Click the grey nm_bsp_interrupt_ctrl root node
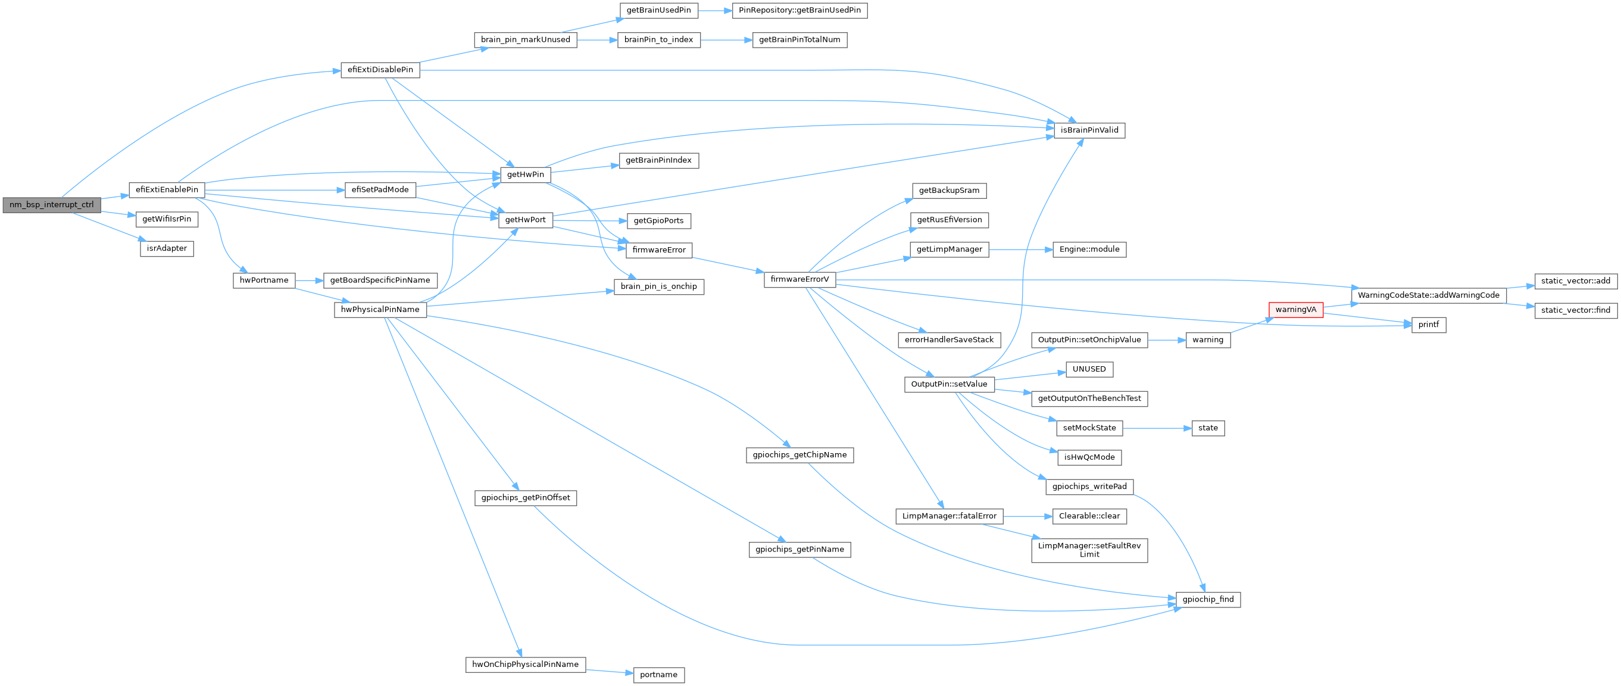click(52, 204)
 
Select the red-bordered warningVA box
click(1295, 310)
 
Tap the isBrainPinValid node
click(1089, 130)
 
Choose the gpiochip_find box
click(1208, 599)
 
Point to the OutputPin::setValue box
click(949, 384)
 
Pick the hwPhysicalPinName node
click(380, 310)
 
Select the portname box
click(658, 675)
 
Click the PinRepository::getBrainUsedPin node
click(799, 10)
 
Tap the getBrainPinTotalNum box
click(799, 40)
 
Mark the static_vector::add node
click(1576, 280)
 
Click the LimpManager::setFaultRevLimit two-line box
click(1089, 550)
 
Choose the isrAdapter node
click(167, 248)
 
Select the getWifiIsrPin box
click(167, 219)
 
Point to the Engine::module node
click(1089, 250)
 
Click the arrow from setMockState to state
click(1157, 428)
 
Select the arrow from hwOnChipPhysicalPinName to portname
click(609, 672)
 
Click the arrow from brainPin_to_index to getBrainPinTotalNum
click(726, 40)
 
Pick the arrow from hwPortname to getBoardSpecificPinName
click(309, 280)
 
